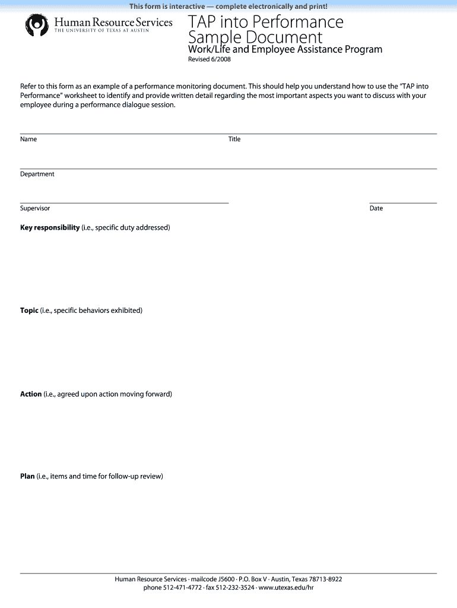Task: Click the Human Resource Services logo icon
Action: click(37, 26)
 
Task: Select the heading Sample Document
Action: click(255, 39)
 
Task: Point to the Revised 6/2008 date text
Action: click(209, 61)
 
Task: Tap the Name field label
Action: click(28, 139)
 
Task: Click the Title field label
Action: click(234, 139)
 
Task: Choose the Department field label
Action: click(37, 174)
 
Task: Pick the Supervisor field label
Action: click(35, 208)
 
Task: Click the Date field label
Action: click(376, 208)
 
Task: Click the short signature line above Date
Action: click(402, 203)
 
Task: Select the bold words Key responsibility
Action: click(50, 227)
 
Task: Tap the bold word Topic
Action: click(29, 311)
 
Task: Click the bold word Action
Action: click(31, 394)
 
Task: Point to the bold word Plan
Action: click(27, 476)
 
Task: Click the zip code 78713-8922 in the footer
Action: click(325, 579)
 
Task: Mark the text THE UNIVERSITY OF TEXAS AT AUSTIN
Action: click(101, 31)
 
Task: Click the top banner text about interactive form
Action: click(228, 7)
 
